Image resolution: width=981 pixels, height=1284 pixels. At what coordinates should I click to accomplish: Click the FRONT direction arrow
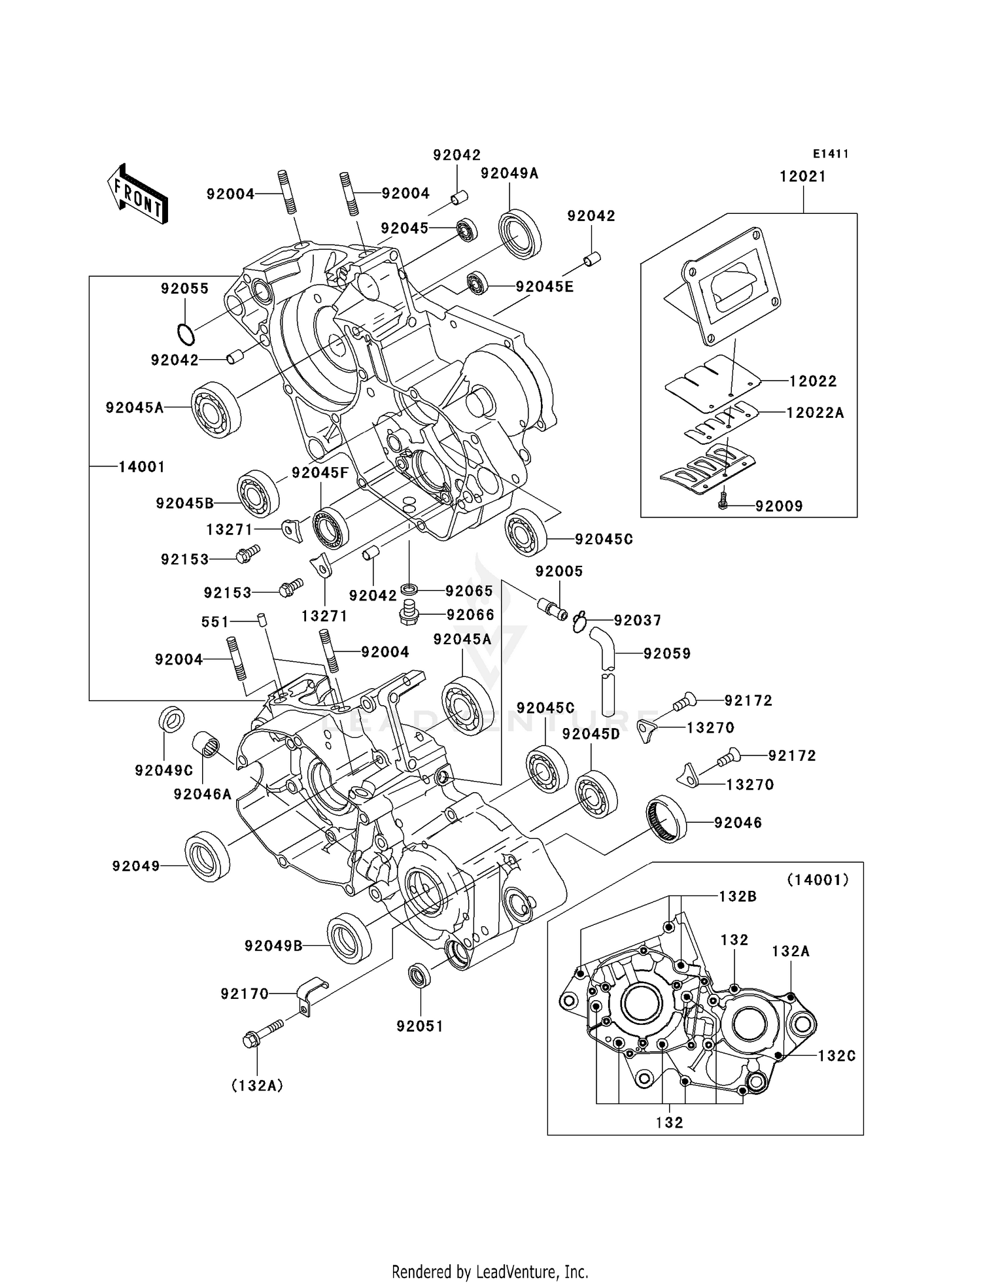click(138, 195)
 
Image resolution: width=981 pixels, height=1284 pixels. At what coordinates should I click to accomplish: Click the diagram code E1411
click(831, 154)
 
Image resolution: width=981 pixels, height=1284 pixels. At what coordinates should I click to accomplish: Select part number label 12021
click(802, 177)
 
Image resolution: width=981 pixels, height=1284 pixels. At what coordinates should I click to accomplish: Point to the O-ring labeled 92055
click(186, 335)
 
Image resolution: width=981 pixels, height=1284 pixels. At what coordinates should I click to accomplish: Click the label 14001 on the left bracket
click(141, 466)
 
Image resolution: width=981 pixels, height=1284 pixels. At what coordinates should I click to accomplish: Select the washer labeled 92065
click(410, 591)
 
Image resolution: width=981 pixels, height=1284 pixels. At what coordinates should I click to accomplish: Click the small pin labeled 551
click(260, 619)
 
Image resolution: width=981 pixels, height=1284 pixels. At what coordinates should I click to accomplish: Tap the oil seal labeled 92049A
click(520, 233)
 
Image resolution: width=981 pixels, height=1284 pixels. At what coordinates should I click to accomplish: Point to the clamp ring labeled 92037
click(579, 622)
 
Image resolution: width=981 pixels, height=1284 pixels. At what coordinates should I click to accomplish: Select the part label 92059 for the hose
click(667, 653)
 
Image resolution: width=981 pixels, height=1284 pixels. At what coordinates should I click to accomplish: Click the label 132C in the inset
click(836, 1056)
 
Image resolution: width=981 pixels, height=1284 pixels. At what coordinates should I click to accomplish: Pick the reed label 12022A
click(815, 413)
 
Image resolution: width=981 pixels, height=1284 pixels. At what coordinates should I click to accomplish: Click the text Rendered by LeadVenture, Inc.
click(490, 1272)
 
